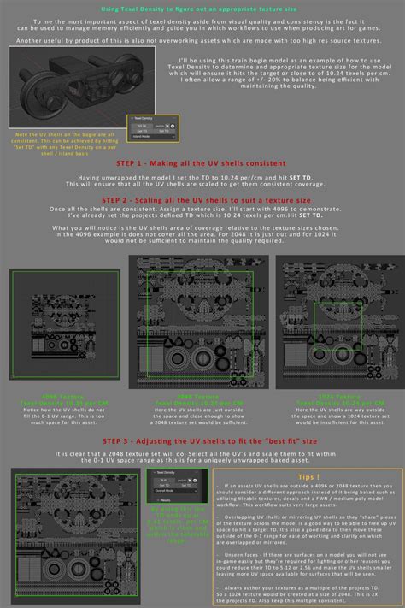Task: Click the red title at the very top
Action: click(202, 7)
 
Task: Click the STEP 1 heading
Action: click(202, 162)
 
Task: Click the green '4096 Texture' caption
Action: click(64, 397)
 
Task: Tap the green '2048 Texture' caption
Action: click(196, 397)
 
